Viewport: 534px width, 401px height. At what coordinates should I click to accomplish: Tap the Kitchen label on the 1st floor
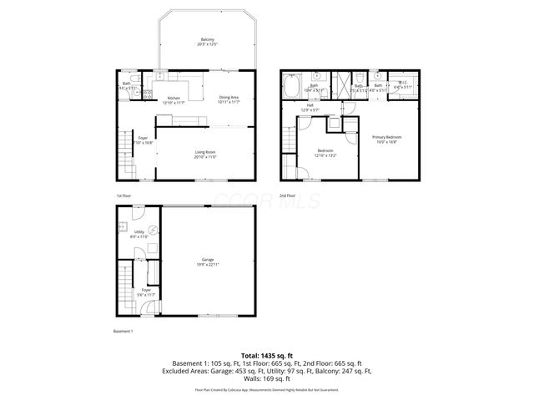pos(174,99)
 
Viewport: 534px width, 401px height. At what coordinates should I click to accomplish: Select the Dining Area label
pos(229,99)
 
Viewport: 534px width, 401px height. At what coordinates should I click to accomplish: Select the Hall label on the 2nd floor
pos(310,107)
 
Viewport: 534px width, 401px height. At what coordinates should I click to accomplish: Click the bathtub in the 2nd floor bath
pos(294,87)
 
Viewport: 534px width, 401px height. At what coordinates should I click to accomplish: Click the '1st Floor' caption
pos(124,195)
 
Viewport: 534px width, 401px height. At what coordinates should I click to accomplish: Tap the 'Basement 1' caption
pos(123,332)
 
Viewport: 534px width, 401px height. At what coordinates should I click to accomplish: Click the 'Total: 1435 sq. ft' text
pos(267,356)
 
